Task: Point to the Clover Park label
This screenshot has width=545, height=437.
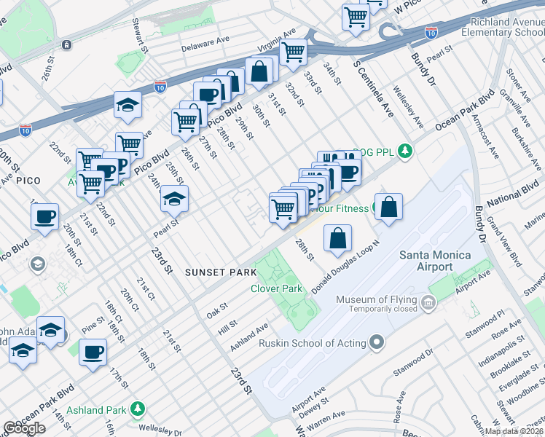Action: point(276,289)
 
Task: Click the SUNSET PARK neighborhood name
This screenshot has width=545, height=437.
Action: point(221,272)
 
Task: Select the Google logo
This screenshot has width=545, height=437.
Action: point(24,428)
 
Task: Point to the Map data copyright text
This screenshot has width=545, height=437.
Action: point(514,431)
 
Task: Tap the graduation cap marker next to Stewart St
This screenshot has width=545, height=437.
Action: point(128,106)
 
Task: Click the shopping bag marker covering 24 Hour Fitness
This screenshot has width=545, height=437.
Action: point(390,207)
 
